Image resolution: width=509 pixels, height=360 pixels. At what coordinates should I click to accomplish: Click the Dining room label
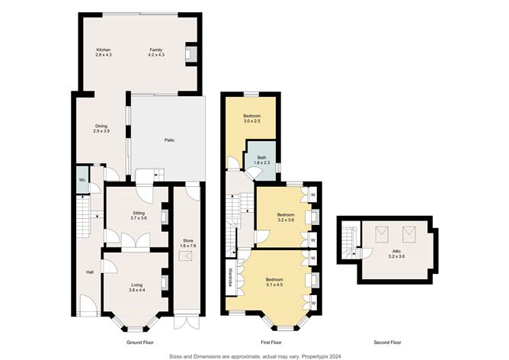[x=101, y=126]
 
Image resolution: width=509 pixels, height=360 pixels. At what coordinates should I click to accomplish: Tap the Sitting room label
[x=139, y=214]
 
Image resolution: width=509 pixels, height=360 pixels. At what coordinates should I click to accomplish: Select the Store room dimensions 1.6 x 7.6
[x=188, y=246]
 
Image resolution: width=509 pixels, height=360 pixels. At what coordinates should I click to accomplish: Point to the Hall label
[x=89, y=271]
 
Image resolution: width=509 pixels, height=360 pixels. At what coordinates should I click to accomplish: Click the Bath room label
[x=261, y=158]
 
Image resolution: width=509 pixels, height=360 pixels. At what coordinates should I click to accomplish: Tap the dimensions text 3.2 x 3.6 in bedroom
[x=285, y=220]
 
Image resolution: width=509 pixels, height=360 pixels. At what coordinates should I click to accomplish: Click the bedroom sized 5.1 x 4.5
[x=274, y=282]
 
